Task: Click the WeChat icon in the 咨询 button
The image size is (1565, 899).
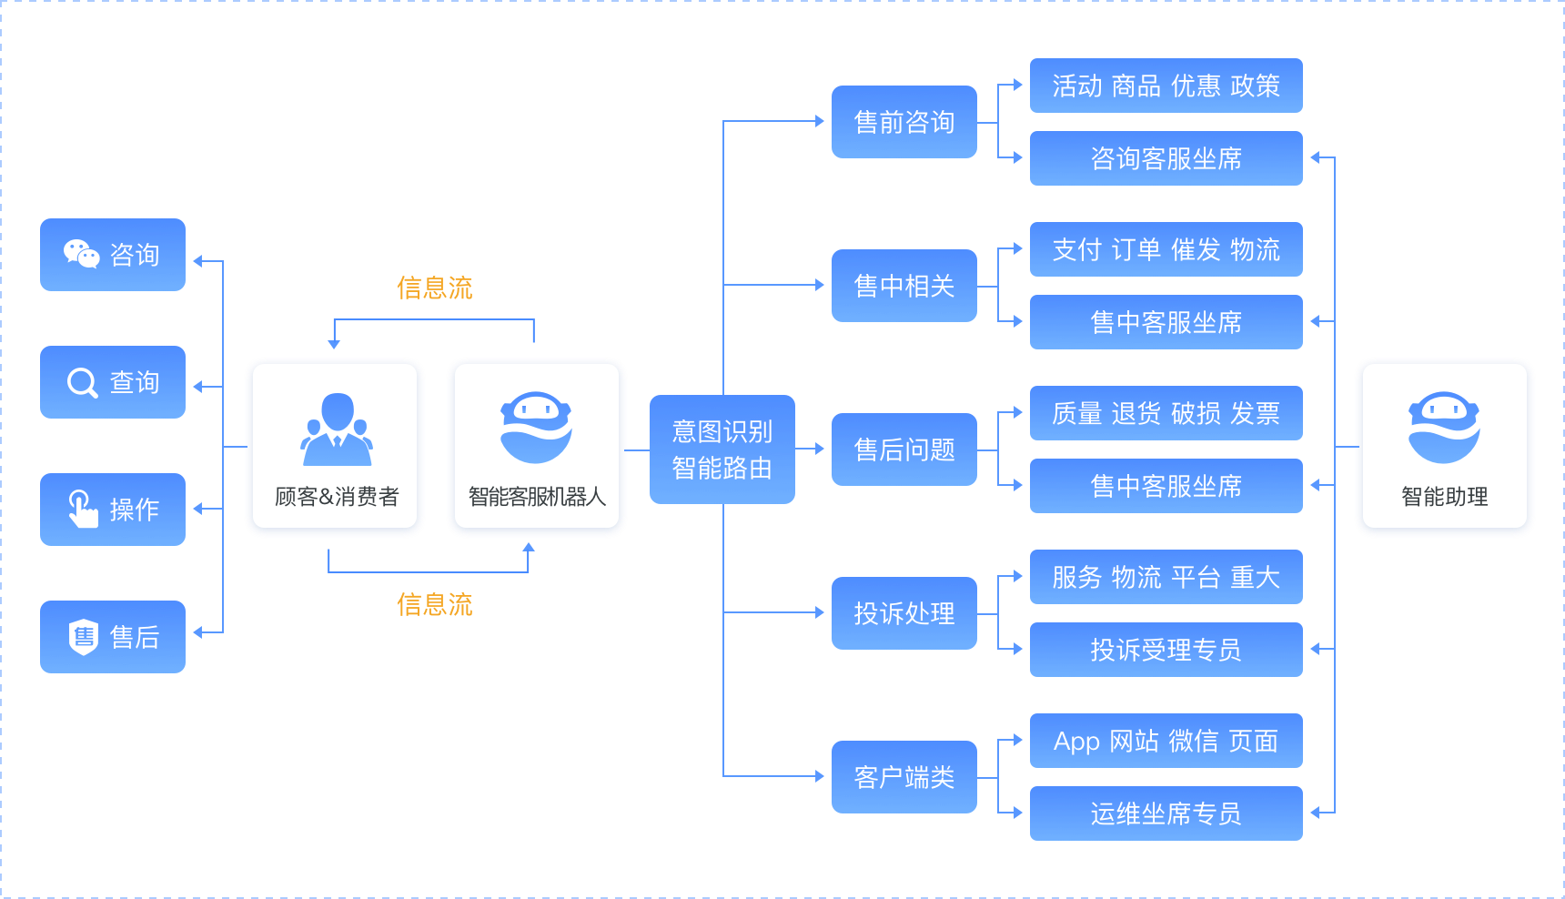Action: click(81, 254)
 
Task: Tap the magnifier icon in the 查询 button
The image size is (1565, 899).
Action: click(82, 382)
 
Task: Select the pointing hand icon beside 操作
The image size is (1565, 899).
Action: click(83, 509)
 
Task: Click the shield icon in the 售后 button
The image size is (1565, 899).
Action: click(83, 637)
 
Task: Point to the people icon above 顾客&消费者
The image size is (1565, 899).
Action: click(337, 429)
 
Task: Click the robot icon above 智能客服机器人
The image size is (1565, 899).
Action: click(536, 428)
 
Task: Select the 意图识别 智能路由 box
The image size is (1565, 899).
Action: click(722, 449)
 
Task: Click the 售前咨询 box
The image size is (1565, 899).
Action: click(904, 122)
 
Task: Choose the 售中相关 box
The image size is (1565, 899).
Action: click(904, 286)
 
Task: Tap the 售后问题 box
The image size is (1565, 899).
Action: click(904, 449)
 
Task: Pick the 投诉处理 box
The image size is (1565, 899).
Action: click(904, 613)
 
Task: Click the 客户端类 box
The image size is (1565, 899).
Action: click(904, 777)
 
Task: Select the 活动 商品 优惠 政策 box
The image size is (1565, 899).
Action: click(1166, 86)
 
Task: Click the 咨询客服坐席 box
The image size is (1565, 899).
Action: click(1166, 158)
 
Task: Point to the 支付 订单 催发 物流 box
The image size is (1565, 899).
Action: click(1166, 249)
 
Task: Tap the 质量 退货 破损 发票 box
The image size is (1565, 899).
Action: click(1166, 413)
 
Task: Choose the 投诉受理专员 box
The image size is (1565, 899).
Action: click(1166, 650)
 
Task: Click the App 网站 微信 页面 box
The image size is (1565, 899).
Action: click(1166, 741)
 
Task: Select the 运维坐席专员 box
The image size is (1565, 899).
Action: click(1166, 813)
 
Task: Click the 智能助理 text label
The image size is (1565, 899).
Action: click(1445, 497)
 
